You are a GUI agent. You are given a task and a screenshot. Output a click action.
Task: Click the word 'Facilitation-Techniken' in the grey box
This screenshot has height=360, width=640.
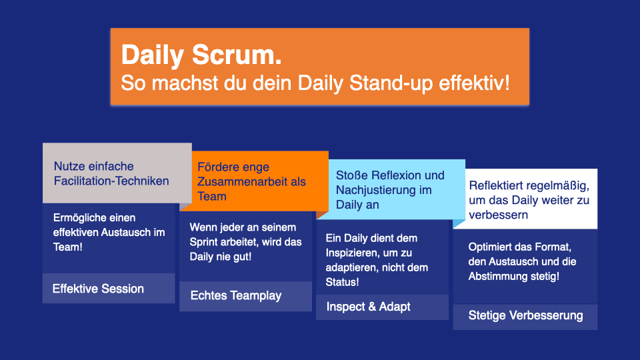[111, 181]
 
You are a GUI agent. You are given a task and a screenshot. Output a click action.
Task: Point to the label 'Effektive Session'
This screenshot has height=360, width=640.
[98, 289]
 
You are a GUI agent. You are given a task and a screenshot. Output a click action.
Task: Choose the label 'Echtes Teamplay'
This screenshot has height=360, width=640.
[236, 295]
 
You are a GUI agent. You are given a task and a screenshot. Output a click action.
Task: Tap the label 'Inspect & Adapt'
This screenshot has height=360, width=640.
[368, 307]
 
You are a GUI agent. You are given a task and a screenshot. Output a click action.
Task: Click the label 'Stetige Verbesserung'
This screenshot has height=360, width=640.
[525, 315]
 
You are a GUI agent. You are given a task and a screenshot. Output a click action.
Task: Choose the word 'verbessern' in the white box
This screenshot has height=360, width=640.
[499, 215]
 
